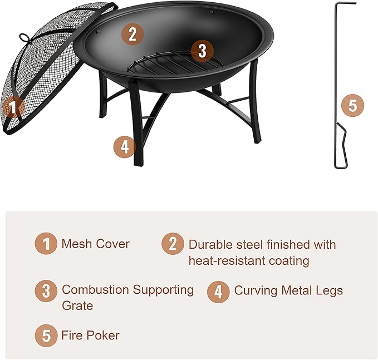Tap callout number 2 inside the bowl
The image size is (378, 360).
click(131, 34)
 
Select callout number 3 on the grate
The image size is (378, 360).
click(202, 51)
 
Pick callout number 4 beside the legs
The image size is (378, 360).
click(125, 147)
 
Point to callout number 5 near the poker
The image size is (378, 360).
click(352, 105)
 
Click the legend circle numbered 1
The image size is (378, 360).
click(46, 244)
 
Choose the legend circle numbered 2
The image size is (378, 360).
click(173, 244)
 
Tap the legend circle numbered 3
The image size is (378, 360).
click(46, 290)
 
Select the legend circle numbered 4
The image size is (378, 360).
click(218, 290)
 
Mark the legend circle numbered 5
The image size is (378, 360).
click(46, 336)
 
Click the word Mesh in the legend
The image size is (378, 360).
click(76, 244)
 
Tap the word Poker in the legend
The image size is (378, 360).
click(103, 336)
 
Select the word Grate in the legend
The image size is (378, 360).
click(77, 306)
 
